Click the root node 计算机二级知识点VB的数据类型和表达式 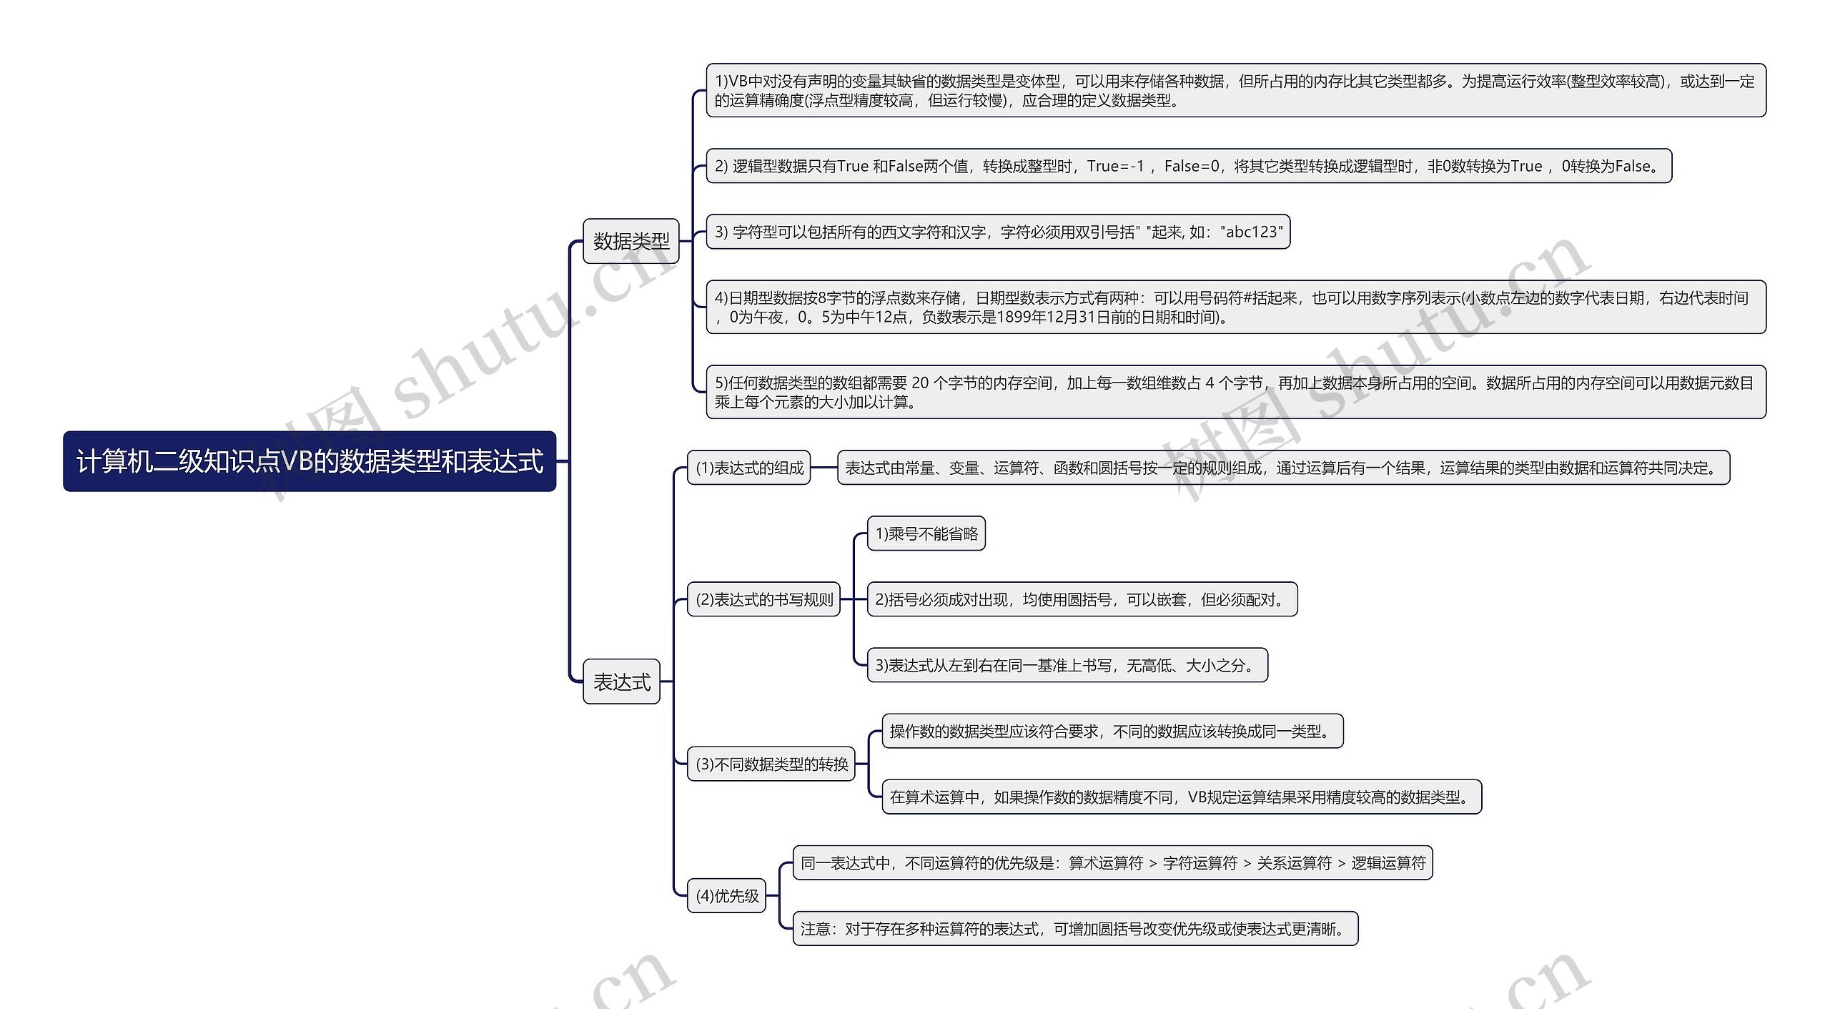[309, 461]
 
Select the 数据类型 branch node [630, 241]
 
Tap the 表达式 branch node [621, 681]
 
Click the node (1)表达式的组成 [748, 468]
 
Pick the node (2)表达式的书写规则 [763, 599]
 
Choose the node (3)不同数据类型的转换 [771, 764]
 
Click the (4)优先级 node [726, 895]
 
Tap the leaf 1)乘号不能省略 [926, 533]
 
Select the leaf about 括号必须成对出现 [1082, 599]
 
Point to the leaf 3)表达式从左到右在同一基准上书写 [1067, 665]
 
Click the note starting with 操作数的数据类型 [1112, 731]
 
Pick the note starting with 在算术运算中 [1181, 797]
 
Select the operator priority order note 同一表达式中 [1112, 862]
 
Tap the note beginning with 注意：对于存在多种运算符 [1074, 928]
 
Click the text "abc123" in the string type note [1251, 232]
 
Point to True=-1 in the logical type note [1115, 166]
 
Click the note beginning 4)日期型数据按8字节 [1235, 307]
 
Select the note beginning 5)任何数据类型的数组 [1235, 392]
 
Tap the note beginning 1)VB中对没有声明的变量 [1235, 90]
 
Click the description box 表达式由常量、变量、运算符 [1283, 468]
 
